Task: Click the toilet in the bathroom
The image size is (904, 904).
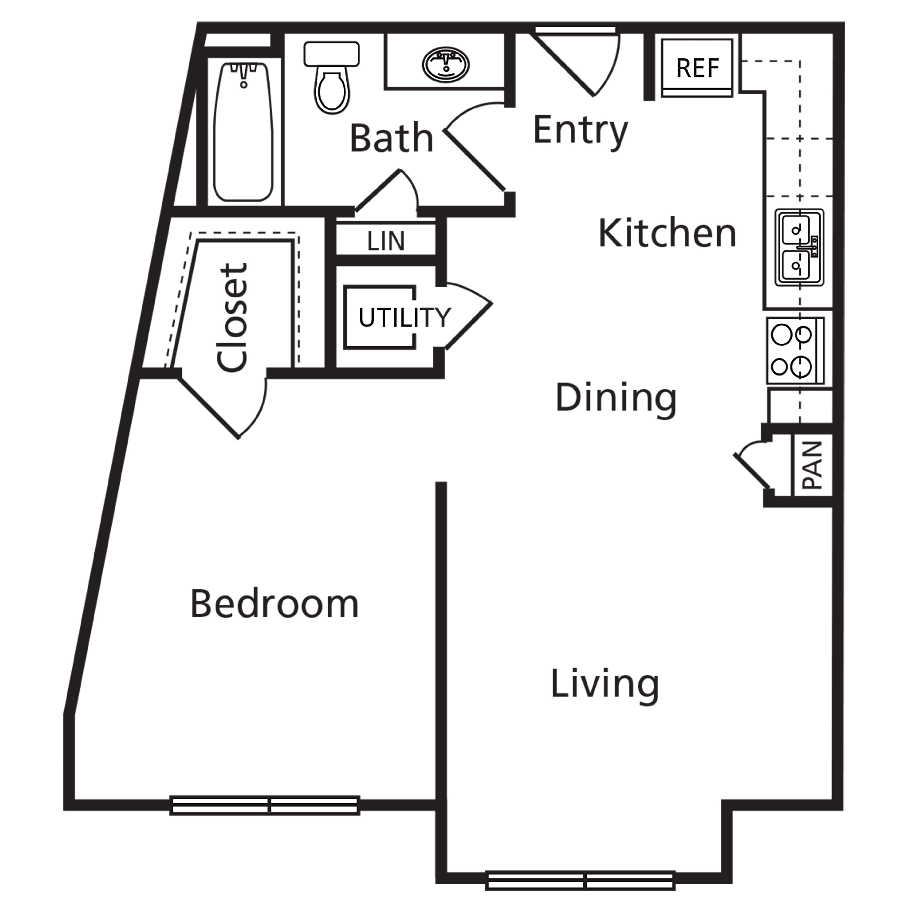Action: pos(332,77)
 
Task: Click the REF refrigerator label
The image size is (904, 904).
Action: pos(697,68)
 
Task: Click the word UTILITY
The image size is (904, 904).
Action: pos(404,318)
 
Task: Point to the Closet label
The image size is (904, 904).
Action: pos(233,318)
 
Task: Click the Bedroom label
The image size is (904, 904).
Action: pos(275,604)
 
